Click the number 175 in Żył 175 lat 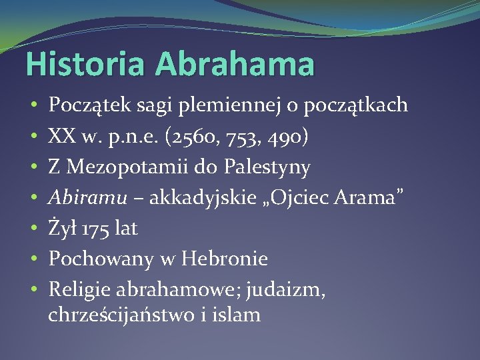(x=97, y=228)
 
